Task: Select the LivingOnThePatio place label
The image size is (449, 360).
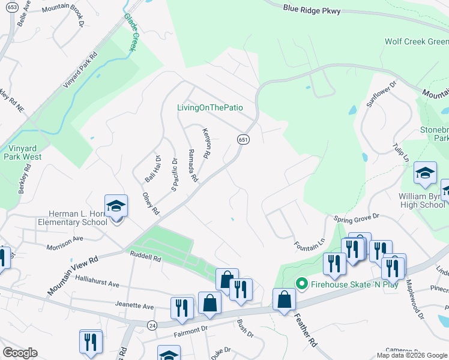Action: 210,107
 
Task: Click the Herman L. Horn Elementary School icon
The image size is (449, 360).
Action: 116,207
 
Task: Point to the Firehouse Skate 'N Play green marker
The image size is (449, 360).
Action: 303,284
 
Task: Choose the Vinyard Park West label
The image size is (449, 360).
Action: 25,152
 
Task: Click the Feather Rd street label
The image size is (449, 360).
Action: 304,331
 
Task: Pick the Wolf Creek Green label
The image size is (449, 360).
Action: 417,41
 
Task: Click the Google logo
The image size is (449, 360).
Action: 20,353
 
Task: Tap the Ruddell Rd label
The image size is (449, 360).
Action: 146,259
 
